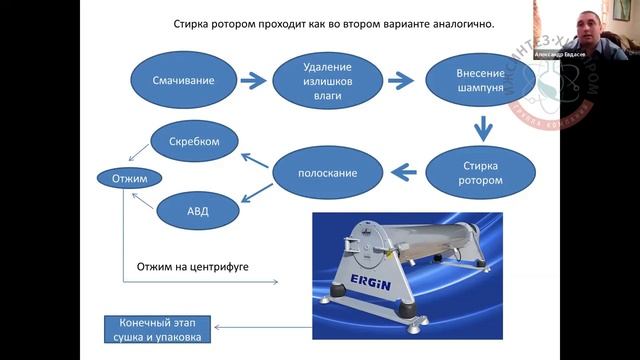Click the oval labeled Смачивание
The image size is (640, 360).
tap(182, 79)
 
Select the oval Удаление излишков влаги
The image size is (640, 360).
tap(328, 79)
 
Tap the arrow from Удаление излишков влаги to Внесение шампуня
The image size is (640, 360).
tap(402, 80)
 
